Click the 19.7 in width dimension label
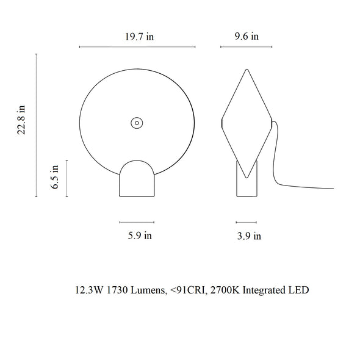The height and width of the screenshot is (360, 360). click(x=139, y=37)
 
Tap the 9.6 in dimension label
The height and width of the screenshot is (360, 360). click(x=247, y=37)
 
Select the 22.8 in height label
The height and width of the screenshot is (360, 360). click(x=21, y=120)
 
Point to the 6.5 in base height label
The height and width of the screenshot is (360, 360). click(x=55, y=177)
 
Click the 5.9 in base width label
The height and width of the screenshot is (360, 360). click(x=140, y=236)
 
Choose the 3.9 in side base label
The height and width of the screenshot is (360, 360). click(x=249, y=236)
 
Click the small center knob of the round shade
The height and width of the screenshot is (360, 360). click(x=137, y=123)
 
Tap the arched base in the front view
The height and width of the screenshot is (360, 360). click(x=137, y=178)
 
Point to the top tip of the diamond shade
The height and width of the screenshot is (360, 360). click(x=247, y=69)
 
